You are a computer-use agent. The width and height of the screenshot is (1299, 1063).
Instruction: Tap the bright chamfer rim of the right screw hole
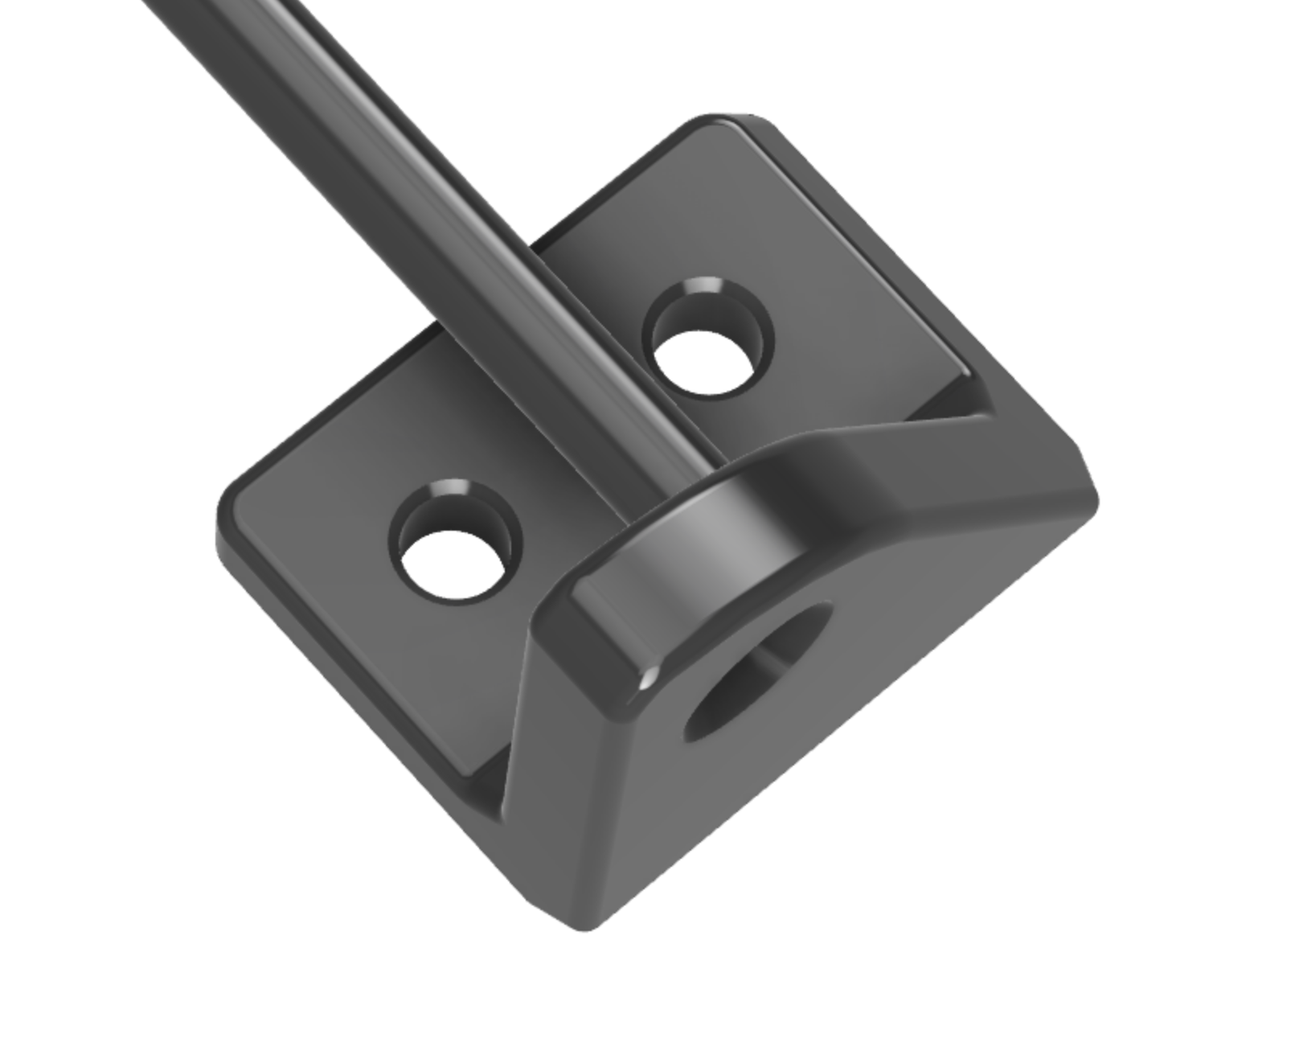point(703,287)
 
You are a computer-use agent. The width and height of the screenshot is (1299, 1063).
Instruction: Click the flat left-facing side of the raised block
point(555,724)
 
